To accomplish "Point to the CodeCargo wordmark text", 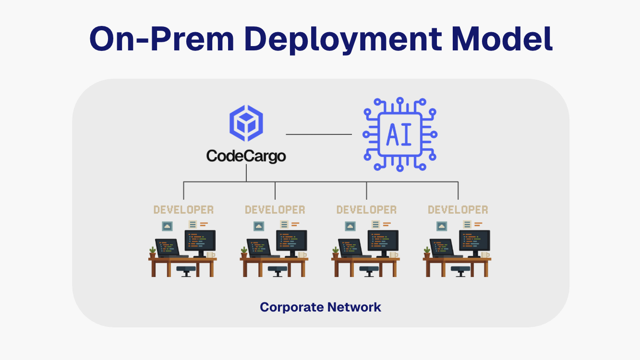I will [x=246, y=156].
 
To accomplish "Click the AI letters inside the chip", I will [x=399, y=134].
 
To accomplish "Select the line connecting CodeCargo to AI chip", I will [x=319, y=134].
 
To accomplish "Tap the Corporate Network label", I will [x=320, y=307].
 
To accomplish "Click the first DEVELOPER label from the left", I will [x=183, y=210].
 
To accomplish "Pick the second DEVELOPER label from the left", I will [x=275, y=210].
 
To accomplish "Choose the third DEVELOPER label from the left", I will [x=366, y=210].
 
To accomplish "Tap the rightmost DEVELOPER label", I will [x=458, y=210].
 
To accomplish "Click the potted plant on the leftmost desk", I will [x=153, y=252].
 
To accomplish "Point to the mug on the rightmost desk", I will [x=485, y=255].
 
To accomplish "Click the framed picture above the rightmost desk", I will [x=442, y=226].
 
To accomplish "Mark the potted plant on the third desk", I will [x=336, y=252].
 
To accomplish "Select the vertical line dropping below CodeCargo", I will [x=246, y=173].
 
